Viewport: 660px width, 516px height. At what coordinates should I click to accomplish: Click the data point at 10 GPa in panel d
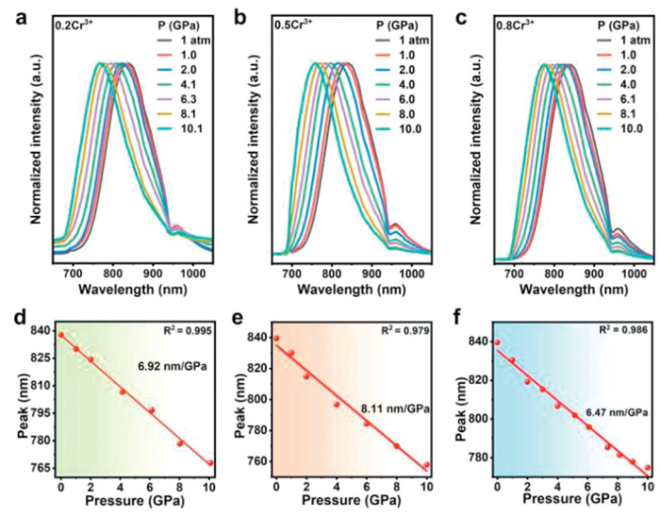point(209,463)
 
